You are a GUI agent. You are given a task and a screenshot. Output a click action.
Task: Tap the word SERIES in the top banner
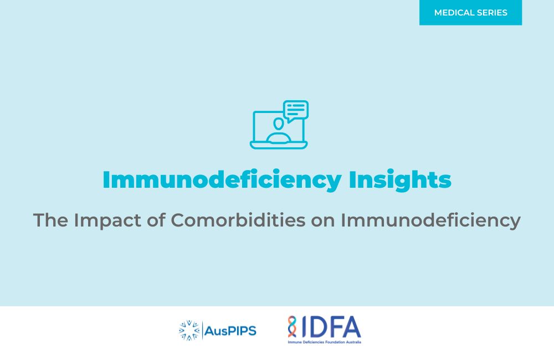(x=492, y=13)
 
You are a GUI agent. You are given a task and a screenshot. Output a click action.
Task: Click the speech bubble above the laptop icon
(x=296, y=111)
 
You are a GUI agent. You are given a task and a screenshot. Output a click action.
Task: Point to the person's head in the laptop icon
(x=279, y=124)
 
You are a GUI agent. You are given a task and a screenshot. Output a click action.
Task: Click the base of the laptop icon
(x=279, y=145)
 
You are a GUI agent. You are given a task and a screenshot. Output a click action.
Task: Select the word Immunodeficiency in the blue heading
(x=222, y=180)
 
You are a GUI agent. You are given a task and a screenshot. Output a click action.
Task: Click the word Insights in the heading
(x=400, y=180)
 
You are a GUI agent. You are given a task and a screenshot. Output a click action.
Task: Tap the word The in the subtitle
(x=50, y=220)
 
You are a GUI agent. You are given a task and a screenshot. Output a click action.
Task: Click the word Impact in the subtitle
(x=107, y=221)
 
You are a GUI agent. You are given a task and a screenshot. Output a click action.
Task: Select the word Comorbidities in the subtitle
(x=238, y=220)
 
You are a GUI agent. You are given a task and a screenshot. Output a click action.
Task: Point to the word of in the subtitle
(x=156, y=220)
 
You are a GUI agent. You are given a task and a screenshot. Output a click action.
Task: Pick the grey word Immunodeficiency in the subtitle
(x=430, y=221)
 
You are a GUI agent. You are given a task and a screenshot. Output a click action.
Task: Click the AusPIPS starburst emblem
(x=189, y=330)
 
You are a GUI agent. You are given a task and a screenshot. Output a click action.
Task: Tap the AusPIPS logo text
(x=230, y=331)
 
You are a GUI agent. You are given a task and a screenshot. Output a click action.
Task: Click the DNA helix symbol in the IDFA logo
(x=292, y=327)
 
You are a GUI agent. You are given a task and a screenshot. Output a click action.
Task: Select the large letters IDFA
(x=330, y=327)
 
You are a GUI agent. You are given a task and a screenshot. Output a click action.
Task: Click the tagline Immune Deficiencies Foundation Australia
(x=324, y=342)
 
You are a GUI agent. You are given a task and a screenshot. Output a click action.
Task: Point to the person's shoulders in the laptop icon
(x=279, y=137)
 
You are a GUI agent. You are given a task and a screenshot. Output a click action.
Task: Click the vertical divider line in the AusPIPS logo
(x=202, y=330)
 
